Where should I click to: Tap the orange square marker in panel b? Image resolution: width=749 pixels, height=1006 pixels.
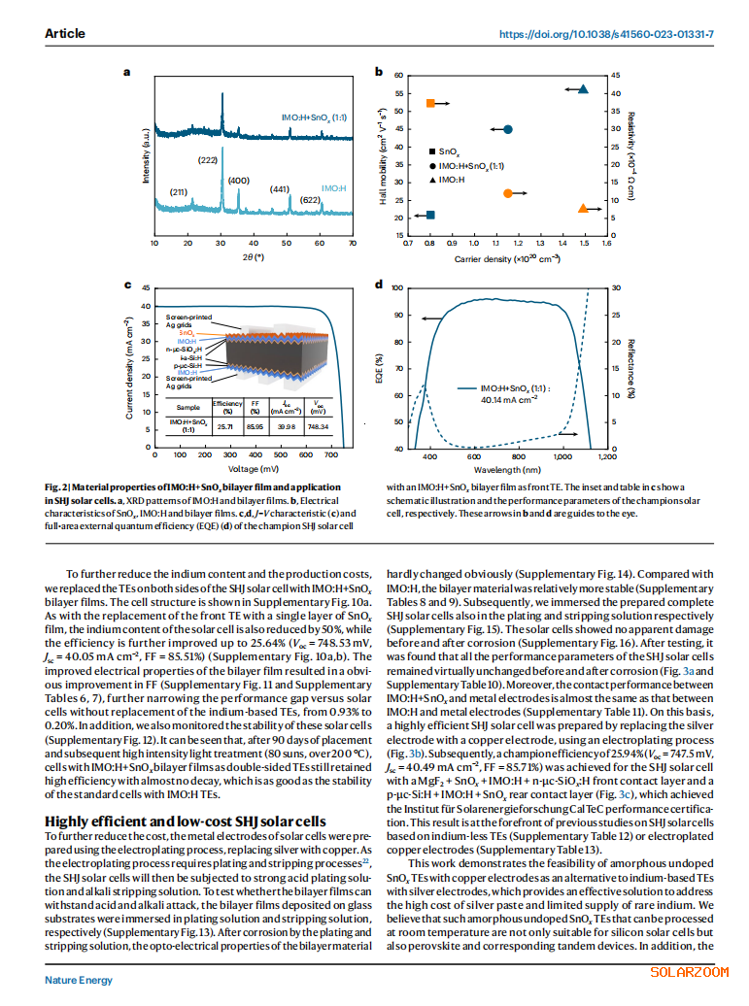pyautogui.click(x=430, y=103)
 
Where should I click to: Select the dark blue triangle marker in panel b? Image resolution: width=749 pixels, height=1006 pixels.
pyautogui.click(x=583, y=89)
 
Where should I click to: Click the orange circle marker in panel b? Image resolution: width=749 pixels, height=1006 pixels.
pyautogui.click(x=507, y=193)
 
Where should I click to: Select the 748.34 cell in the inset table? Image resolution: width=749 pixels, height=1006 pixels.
pyautogui.click(x=320, y=426)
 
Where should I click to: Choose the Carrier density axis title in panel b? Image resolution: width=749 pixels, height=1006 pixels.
pyautogui.click(x=507, y=259)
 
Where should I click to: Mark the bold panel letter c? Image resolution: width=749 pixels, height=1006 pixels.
pyautogui.click(x=129, y=285)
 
